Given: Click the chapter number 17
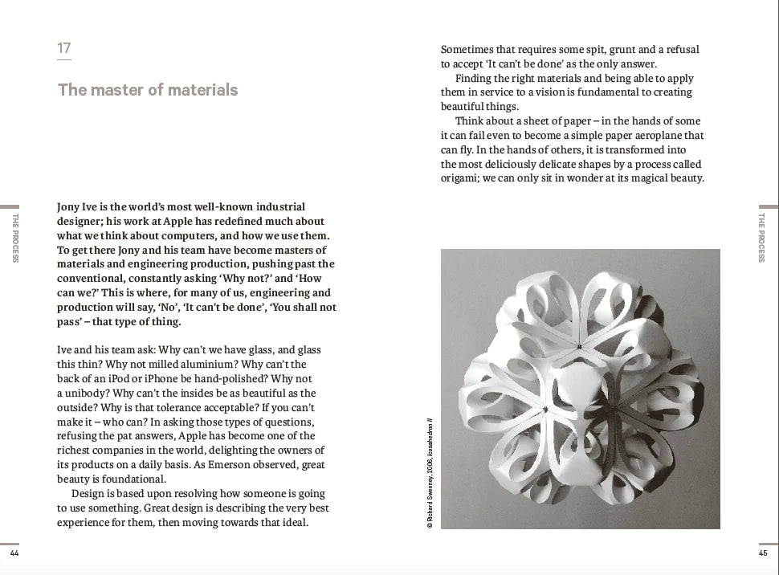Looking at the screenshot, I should [64, 48].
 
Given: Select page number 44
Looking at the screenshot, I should [14, 553].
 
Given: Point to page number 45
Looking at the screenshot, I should [762, 553].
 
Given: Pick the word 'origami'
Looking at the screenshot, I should [460, 178].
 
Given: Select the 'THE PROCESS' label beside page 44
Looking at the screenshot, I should [15, 238].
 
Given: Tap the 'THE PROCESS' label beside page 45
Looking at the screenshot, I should [763, 238].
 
